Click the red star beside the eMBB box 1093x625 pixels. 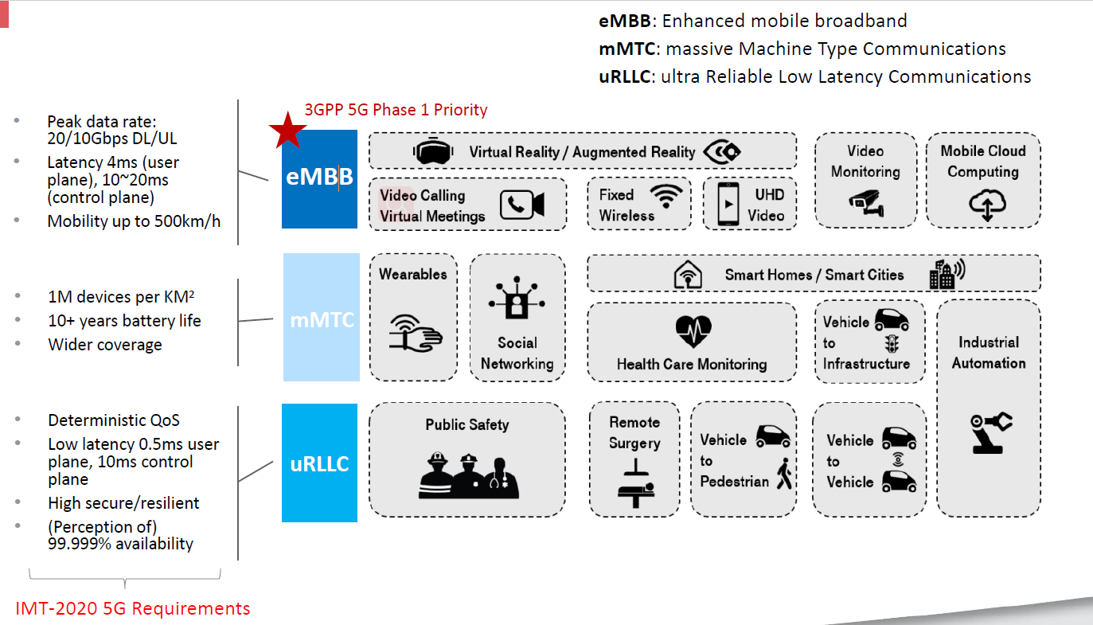[287, 131]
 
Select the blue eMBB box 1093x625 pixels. [319, 178]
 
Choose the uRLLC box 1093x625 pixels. [319, 463]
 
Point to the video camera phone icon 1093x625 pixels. [522, 205]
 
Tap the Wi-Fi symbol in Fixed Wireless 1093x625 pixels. [666, 196]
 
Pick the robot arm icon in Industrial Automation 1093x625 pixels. [992, 431]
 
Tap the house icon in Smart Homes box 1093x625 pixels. [688, 275]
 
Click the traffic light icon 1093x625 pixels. [891, 344]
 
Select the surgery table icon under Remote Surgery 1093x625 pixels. [635, 482]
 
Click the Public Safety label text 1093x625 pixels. [466, 424]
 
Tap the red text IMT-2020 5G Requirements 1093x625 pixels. [133, 609]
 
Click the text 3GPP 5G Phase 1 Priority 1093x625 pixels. [396, 110]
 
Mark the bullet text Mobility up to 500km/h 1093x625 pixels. [134, 221]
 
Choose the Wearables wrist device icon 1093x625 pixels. [414, 331]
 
